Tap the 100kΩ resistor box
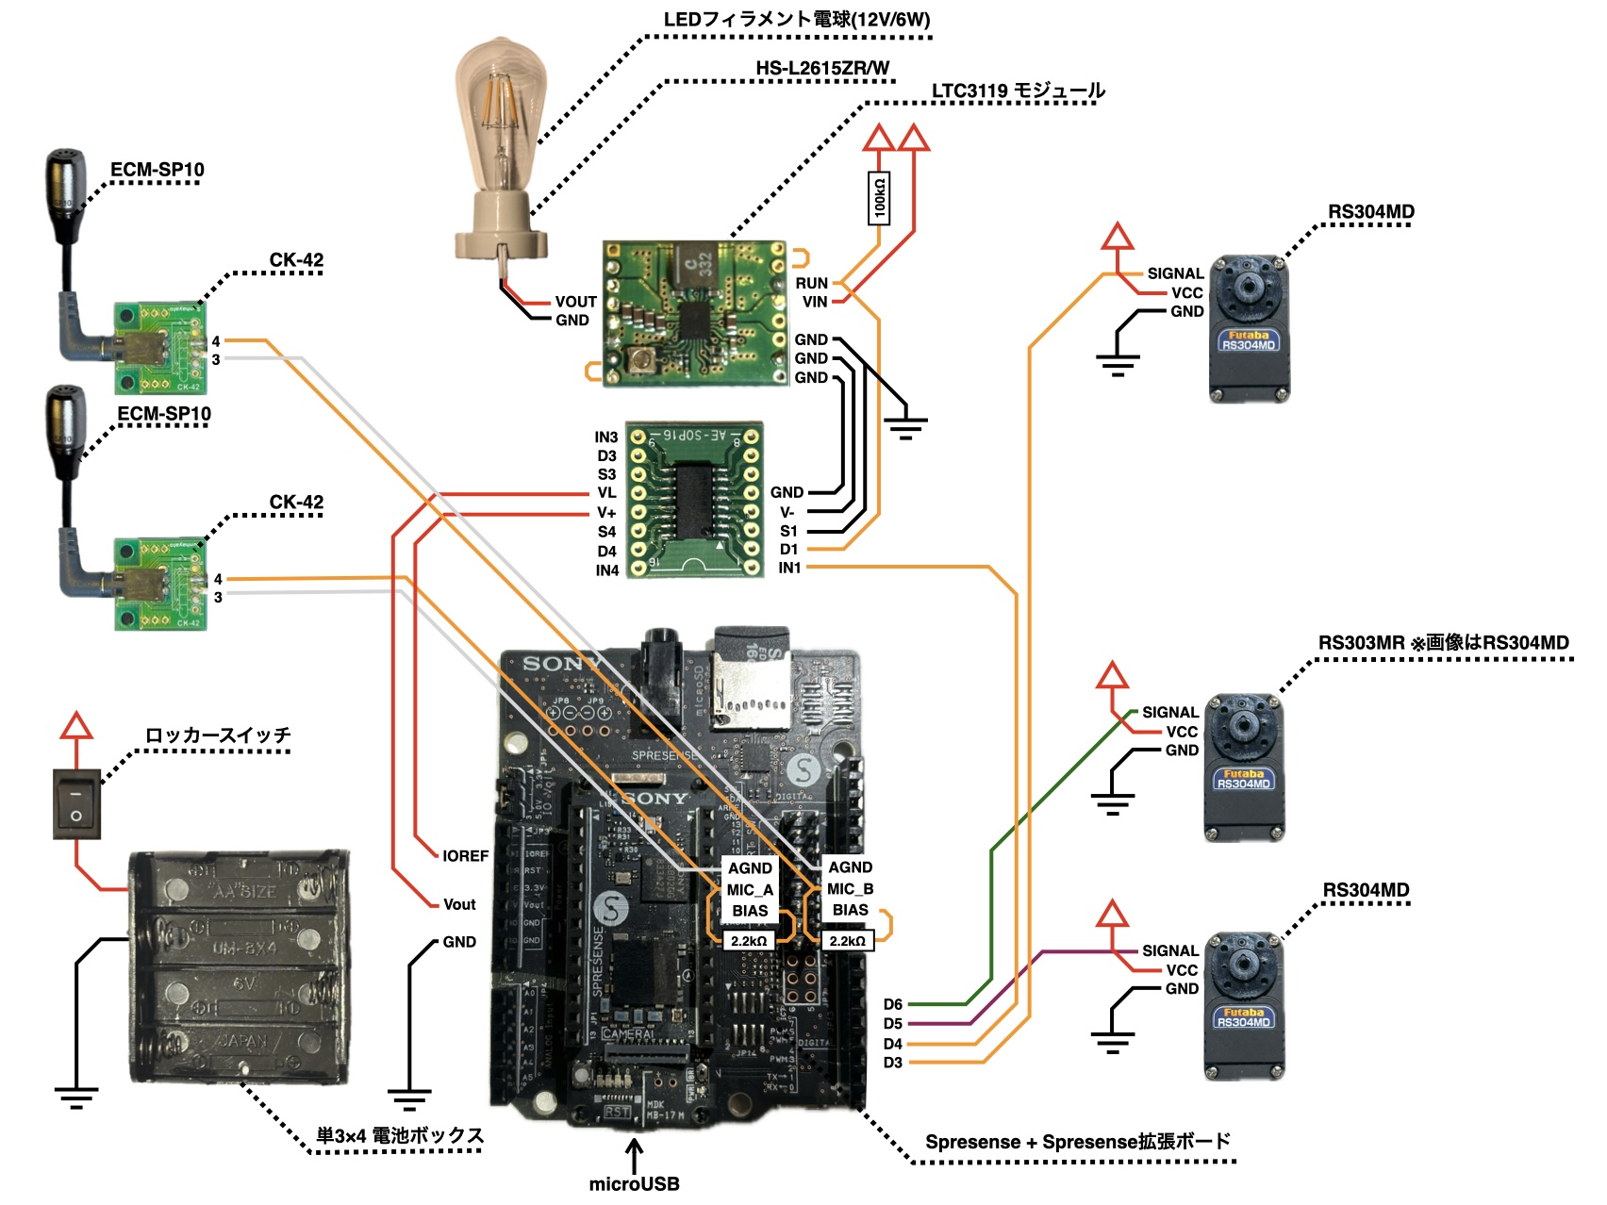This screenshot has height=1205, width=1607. pos(879,198)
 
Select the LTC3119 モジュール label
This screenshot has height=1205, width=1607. pos(1018,91)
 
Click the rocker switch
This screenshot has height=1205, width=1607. pos(76,804)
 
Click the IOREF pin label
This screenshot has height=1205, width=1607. pos(465,856)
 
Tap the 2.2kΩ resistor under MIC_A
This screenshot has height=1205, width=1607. pos(749,941)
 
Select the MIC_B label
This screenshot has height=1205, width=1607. pos(850,889)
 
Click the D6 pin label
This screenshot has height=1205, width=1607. pos(892,1005)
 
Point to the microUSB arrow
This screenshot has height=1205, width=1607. pos(635,1155)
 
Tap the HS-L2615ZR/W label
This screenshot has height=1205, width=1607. pos(821,69)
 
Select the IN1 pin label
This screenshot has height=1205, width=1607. pos(789,568)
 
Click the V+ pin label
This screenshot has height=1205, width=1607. pos(606,513)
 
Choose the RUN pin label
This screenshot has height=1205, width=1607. pos(811,283)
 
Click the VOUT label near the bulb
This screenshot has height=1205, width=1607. pos(575,302)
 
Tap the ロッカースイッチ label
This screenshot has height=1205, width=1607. pos(218,735)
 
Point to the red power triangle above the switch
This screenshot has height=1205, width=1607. pos(76,726)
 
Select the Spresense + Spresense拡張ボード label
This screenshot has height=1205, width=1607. pos(1077,1142)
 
